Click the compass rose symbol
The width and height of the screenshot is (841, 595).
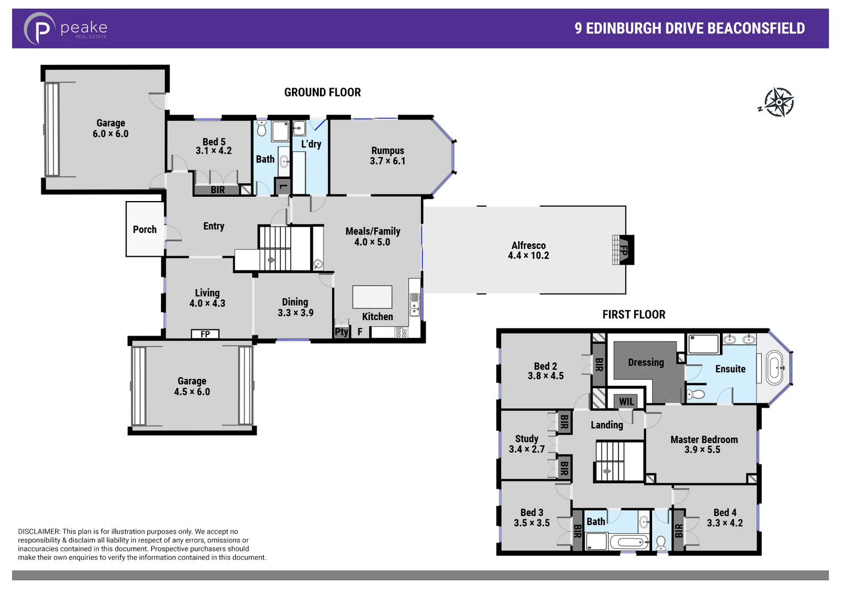778,102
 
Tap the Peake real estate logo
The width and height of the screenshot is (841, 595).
65,28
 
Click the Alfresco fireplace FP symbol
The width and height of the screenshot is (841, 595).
625,250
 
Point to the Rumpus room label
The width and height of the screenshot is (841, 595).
387,150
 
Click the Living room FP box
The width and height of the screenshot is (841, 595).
205,334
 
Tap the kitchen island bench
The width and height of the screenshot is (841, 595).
372,297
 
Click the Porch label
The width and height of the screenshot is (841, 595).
144,229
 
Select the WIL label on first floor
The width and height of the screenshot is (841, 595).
626,402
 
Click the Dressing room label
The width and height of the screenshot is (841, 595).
645,362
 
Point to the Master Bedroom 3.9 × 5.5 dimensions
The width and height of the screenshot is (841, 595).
702,450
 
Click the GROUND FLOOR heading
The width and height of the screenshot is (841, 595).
322,93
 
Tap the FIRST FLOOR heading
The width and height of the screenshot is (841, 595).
633,315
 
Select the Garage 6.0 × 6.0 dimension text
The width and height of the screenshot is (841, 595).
110,134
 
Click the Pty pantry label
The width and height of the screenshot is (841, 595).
341,332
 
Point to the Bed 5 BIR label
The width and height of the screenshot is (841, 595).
218,190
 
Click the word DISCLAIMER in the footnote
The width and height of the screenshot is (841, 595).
39,532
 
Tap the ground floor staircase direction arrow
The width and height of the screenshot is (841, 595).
271,260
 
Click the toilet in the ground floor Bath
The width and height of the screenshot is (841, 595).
262,128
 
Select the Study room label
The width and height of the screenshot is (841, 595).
527,439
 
